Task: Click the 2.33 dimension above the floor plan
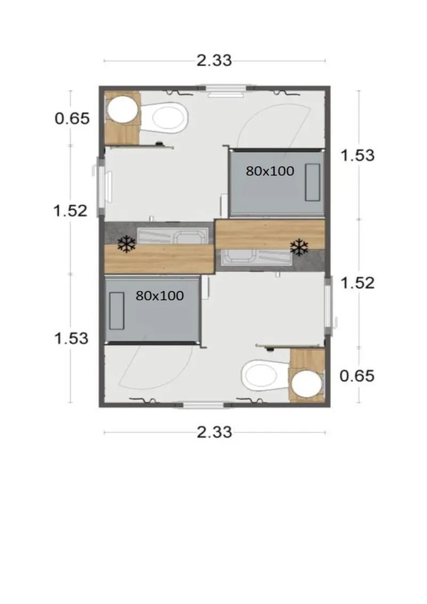[x=214, y=60]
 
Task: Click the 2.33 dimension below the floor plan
[x=214, y=432]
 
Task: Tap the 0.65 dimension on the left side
[x=72, y=118]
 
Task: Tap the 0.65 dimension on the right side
[x=357, y=376]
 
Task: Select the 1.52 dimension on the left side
[x=70, y=210]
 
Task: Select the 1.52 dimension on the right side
[x=357, y=282]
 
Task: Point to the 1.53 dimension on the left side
[x=71, y=338]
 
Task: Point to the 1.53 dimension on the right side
[x=357, y=155]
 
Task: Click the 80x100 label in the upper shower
[x=270, y=171]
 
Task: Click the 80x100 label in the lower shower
[x=160, y=296]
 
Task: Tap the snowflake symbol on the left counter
[x=126, y=245]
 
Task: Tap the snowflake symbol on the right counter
[x=299, y=247]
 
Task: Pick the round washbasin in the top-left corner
[x=122, y=109]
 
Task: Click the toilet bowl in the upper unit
[x=167, y=117]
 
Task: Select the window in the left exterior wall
[x=100, y=187]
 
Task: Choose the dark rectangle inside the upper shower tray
[x=313, y=182]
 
